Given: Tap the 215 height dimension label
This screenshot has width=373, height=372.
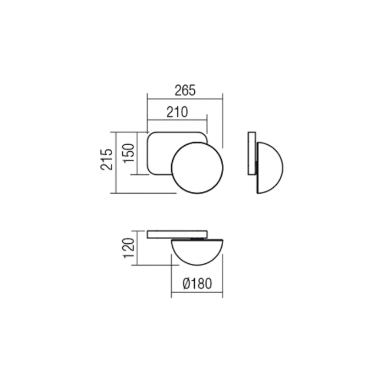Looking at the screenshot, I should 107,160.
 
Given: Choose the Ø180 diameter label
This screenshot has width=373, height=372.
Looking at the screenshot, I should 197,283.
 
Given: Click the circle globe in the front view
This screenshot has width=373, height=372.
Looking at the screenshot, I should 197,168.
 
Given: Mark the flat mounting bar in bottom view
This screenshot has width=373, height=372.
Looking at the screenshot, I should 177,233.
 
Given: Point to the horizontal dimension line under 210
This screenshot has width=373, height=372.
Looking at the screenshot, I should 177,118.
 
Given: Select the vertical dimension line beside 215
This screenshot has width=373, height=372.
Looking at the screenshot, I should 116,162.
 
